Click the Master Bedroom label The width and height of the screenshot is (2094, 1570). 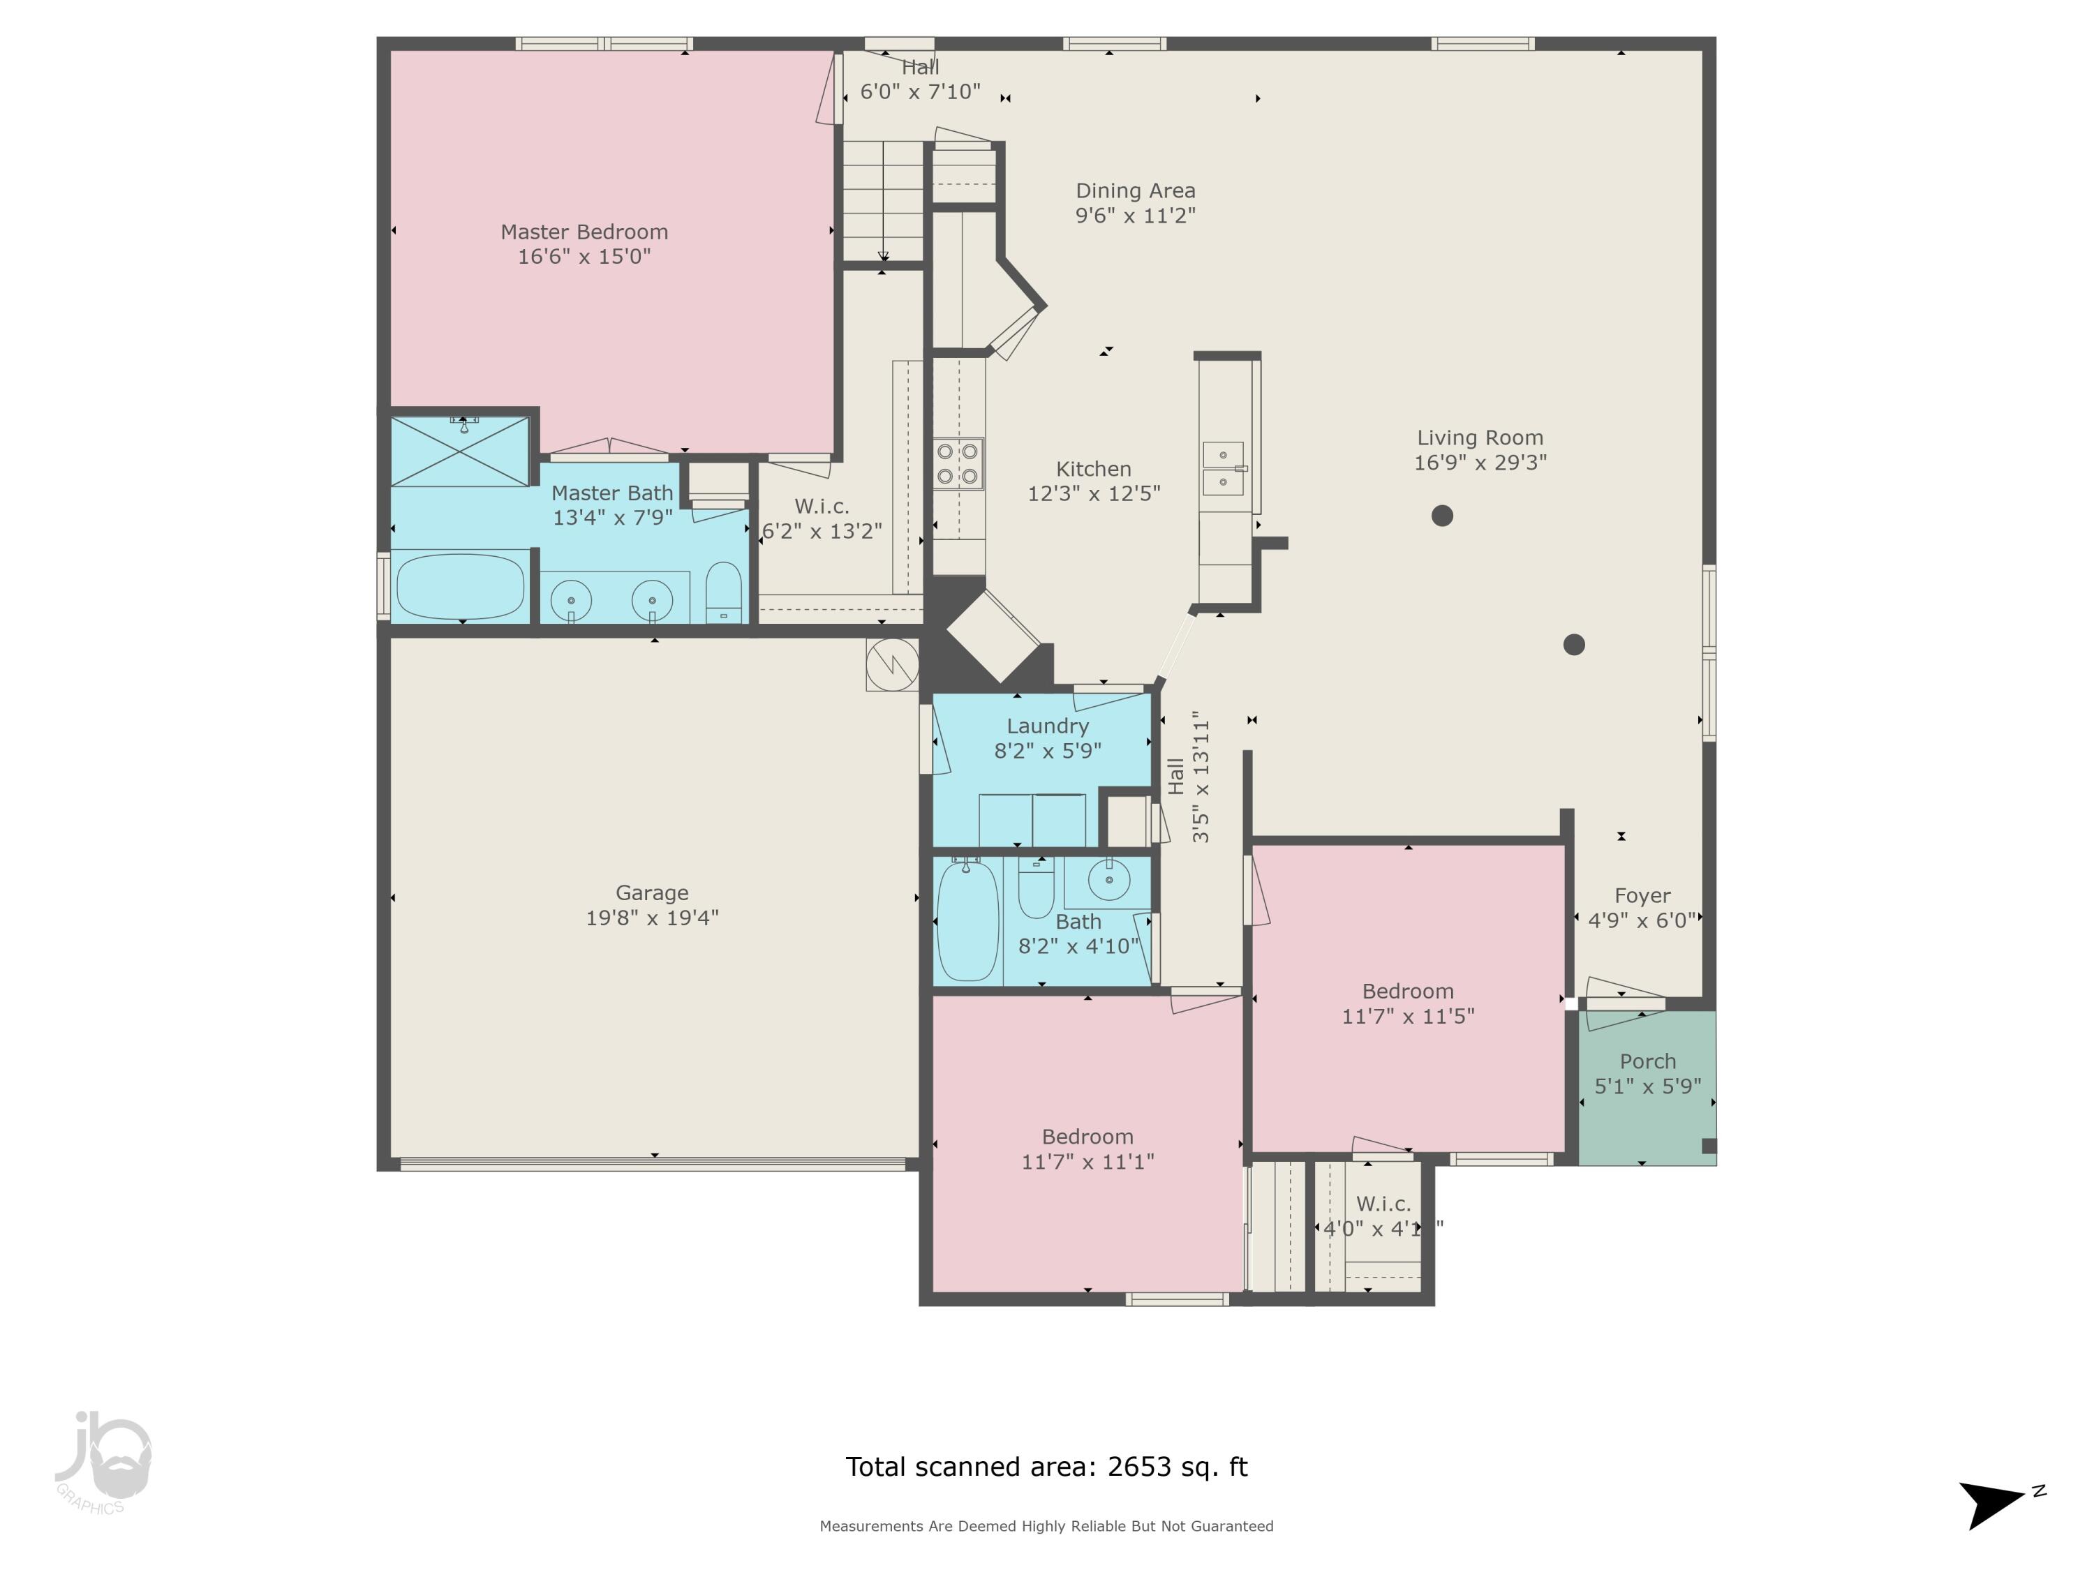(584, 232)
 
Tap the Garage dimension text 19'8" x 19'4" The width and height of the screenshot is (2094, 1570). (652, 917)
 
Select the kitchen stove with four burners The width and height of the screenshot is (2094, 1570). (958, 464)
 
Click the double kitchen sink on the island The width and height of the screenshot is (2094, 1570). (1223, 468)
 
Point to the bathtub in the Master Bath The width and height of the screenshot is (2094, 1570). (460, 587)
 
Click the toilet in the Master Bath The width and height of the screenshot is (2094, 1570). (725, 593)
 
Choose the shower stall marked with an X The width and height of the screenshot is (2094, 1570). (460, 451)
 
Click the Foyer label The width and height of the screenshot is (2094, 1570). (1642, 895)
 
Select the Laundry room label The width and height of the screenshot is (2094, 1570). (1047, 726)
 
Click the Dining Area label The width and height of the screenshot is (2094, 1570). (1135, 191)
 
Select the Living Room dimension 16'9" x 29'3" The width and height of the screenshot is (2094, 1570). (1480, 463)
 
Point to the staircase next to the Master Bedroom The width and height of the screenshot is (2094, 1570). (883, 201)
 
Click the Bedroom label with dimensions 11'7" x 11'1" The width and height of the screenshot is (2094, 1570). (1087, 1137)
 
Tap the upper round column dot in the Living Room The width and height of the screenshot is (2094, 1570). (1442, 516)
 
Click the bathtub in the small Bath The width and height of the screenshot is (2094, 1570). (967, 920)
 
